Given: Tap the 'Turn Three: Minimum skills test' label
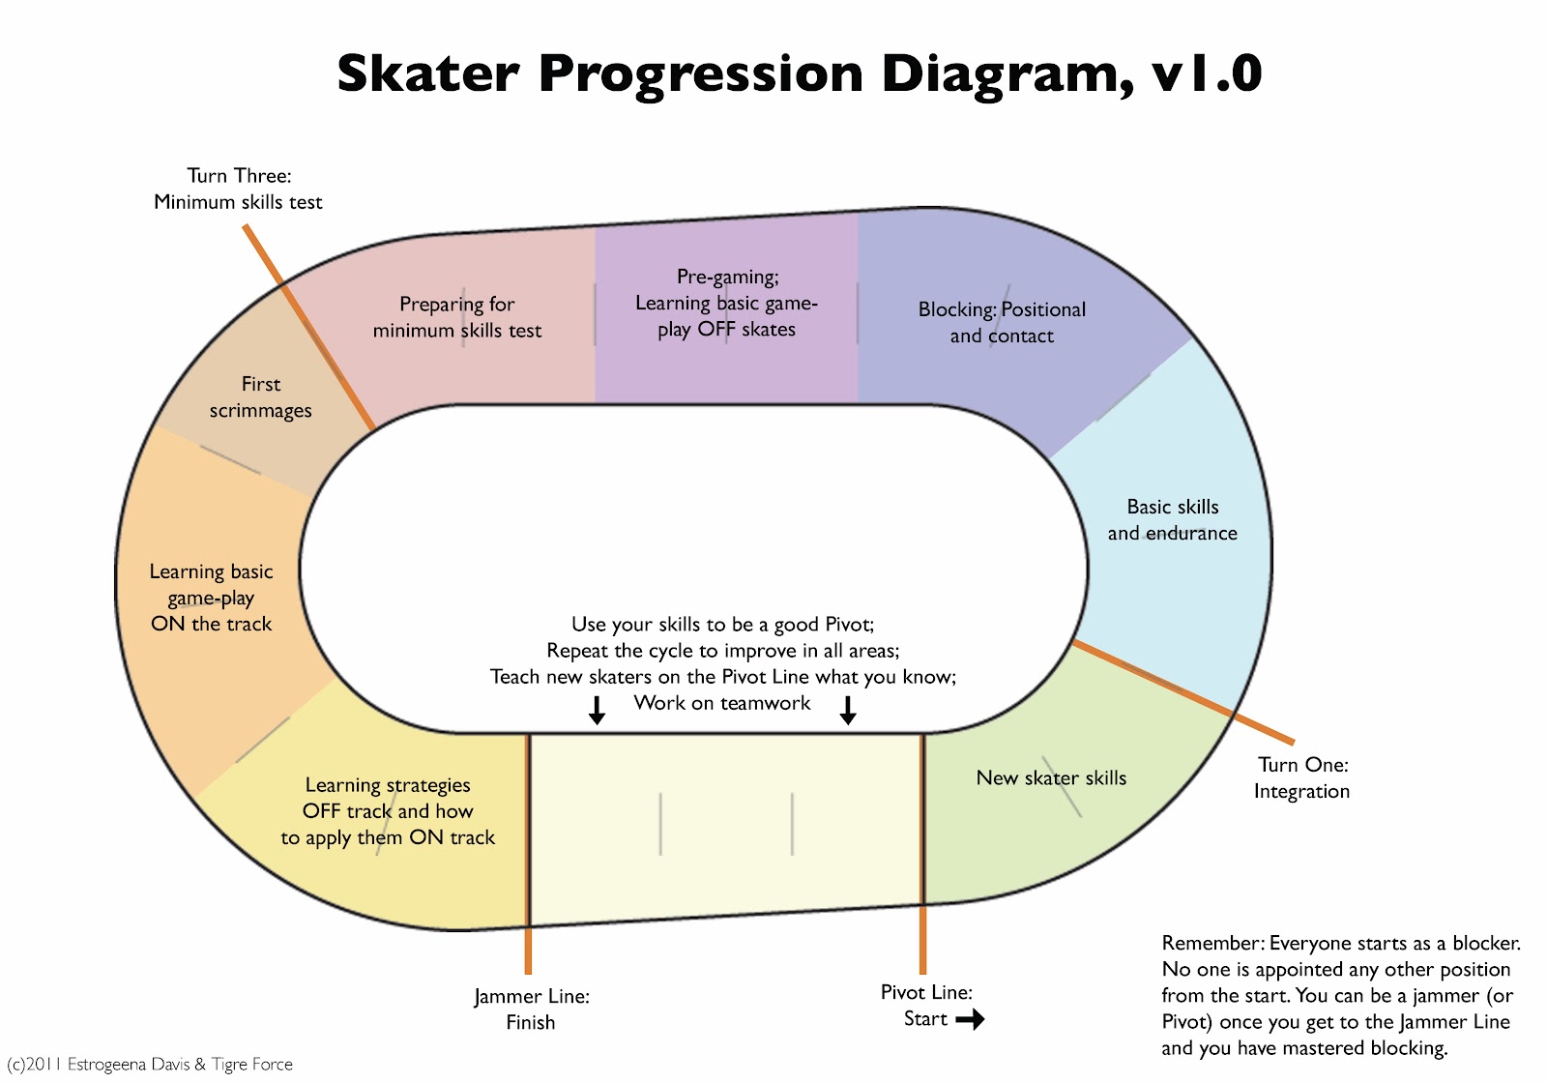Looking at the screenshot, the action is coord(238,189).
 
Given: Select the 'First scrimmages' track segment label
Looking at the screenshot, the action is coord(260,397).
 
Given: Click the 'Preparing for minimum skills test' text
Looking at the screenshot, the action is coord(456,317).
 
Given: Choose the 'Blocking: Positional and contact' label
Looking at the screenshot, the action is coord(1002,323).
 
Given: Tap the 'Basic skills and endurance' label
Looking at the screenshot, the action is coord(1172,519).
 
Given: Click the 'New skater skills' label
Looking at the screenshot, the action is coord(1050,777).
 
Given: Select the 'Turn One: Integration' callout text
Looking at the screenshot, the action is coord(1301,777).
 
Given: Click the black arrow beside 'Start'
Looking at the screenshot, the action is coord(970,1019).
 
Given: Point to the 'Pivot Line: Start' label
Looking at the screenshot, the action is coord(926,1005).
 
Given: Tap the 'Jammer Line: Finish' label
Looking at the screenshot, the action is coord(531,1010).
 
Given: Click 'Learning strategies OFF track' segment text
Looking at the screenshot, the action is coord(388,811).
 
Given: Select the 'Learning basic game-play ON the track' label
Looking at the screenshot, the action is coord(211,598).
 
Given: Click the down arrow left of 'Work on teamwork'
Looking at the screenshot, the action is coord(597,710).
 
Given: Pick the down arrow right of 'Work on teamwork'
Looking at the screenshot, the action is coord(848,710).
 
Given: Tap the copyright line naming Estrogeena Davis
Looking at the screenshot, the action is coord(149,1065).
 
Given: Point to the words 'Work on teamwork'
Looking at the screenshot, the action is coord(721,702).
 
